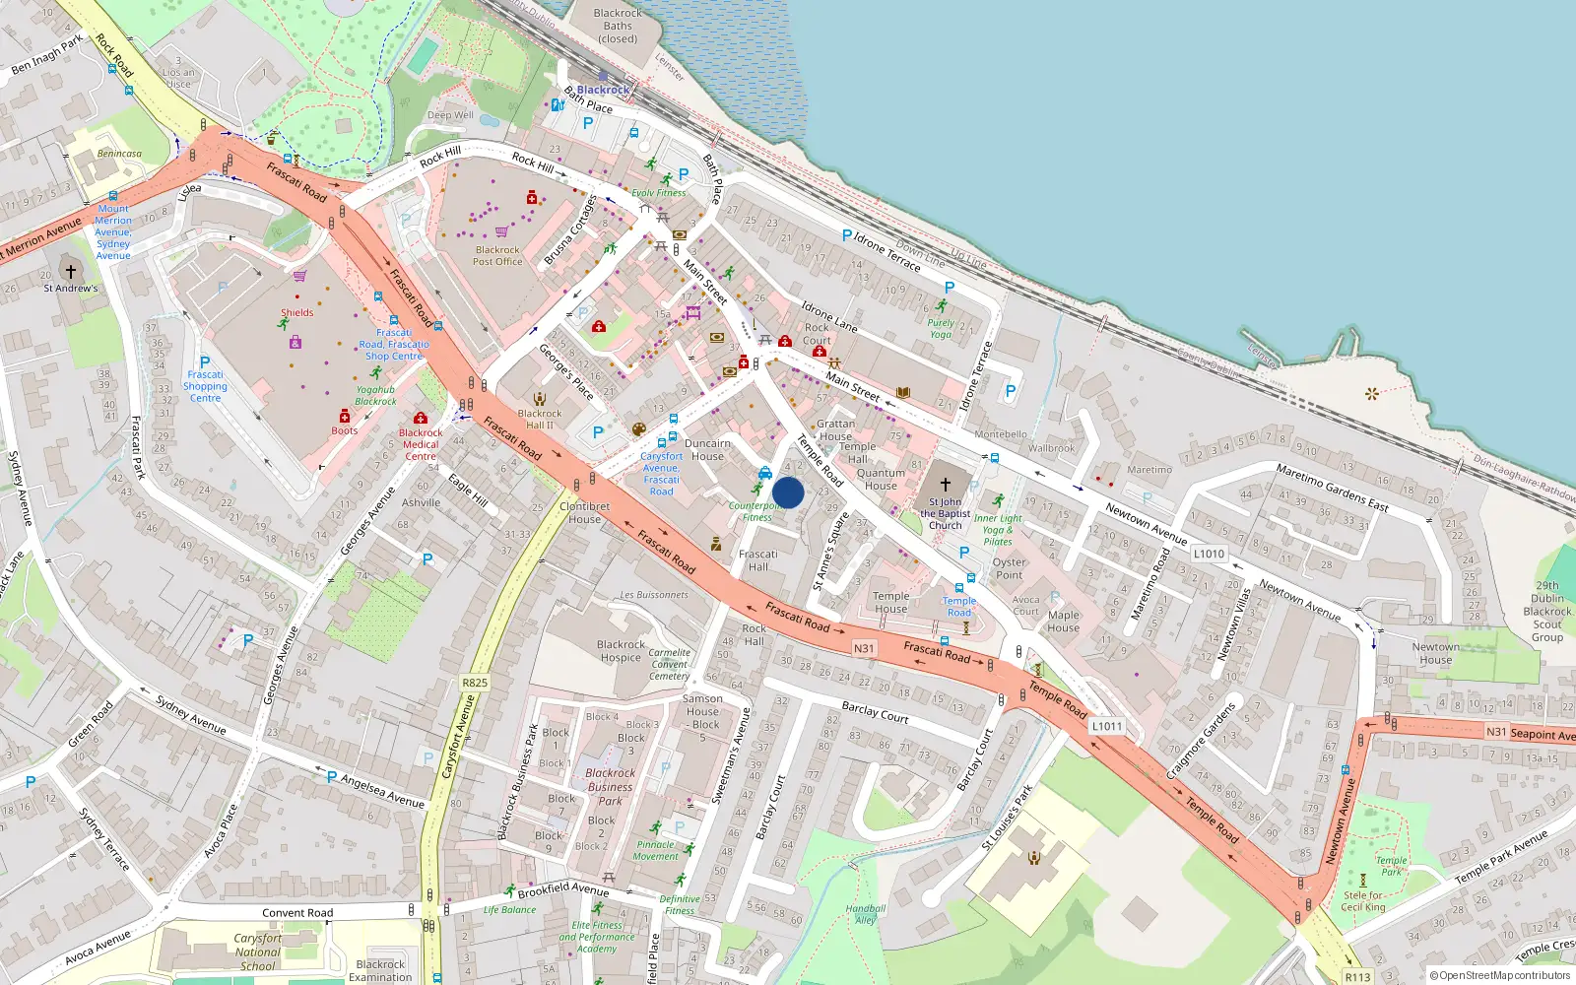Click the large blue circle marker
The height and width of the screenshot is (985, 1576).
tap(788, 492)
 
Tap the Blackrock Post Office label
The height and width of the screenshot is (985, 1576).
tap(497, 256)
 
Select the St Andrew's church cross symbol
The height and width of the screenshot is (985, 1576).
tap(71, 271)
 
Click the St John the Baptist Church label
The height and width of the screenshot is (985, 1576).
tap(946, 513)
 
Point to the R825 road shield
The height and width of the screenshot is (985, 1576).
tap(475, 683)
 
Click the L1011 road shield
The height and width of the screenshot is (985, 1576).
tap(1106, 726)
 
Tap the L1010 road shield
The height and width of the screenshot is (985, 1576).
tap(1209, 554)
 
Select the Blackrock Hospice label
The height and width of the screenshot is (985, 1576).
tap(621, 651)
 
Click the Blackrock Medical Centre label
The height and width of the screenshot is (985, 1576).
tap(421, 444)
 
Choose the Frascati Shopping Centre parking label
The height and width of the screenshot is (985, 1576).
tap(205, 386)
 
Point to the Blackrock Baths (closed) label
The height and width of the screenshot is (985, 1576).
tap(618, 27)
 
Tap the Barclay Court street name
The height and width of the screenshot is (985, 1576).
tap(875, 712)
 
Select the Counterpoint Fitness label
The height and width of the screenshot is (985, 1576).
tap(755, 511)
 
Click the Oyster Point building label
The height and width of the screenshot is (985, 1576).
tap(1009, 568)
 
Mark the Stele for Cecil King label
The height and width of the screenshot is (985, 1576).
tap(1364, 901)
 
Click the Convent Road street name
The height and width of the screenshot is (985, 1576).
tap(297, 913)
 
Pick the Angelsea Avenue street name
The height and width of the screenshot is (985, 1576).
tap(382, 791)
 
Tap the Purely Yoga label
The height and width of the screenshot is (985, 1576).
tap(941, 328)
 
